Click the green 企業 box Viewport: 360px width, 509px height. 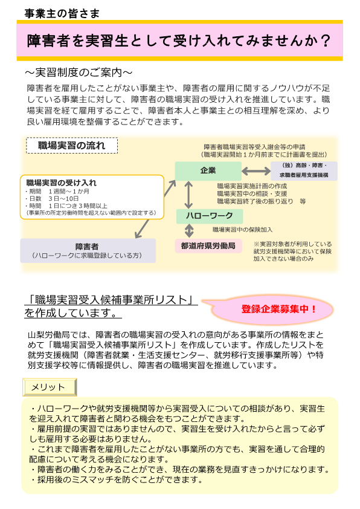(208, 170)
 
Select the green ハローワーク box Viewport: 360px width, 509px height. (210, 216)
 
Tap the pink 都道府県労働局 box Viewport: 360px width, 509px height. (208, 246)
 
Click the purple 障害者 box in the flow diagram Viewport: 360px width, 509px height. (88, 251)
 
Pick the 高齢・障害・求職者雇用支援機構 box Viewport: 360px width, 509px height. (304, 170)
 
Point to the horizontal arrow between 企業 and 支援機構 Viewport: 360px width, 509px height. (256, 170)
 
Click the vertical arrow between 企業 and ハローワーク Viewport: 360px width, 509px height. (188, 195)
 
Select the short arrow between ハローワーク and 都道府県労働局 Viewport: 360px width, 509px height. (189, 231)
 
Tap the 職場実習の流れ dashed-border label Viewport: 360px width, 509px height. (72, 146)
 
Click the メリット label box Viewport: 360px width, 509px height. (50, 387)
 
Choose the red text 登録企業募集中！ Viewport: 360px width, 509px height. (278, 309)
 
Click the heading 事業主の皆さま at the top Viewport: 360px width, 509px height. (62, 13)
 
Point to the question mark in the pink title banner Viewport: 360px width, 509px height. (324, 41)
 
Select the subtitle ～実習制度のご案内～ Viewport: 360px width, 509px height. (79, 73)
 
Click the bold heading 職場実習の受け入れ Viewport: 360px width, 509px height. (61, 183)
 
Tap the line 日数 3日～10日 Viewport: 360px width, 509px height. (52, 199)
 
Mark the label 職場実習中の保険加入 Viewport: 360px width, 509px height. (242, 230)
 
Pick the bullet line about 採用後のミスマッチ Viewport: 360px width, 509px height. (117, 479)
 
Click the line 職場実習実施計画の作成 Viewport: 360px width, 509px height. (252, 186)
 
